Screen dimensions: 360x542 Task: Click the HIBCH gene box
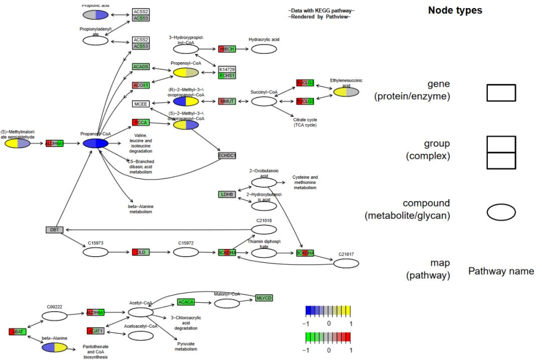(226, 49)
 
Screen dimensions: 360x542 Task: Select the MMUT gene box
(227, 102)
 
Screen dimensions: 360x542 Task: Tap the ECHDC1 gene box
(227, 156)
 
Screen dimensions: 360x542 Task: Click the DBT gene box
(54, 230)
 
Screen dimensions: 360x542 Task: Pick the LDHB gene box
(227, 194)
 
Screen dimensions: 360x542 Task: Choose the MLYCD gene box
(264, 298)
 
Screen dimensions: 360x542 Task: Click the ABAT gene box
(17, 331)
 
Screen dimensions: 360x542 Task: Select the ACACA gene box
(186, 302)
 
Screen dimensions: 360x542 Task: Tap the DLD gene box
(141, 252)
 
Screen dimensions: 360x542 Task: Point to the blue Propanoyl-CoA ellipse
(95, 144)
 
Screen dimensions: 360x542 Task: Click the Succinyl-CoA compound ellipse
(264, 102)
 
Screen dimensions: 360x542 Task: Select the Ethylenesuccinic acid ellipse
(346, 92)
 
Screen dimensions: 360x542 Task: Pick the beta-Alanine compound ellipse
(54, 347)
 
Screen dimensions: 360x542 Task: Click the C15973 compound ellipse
(95, 253)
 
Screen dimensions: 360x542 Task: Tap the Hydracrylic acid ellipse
(264, 49)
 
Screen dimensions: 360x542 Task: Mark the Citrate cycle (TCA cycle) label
(305, 122)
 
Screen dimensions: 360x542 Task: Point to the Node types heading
(455, 10)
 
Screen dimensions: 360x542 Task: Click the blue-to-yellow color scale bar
(328, 310)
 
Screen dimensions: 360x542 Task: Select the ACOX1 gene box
(141, 85)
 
